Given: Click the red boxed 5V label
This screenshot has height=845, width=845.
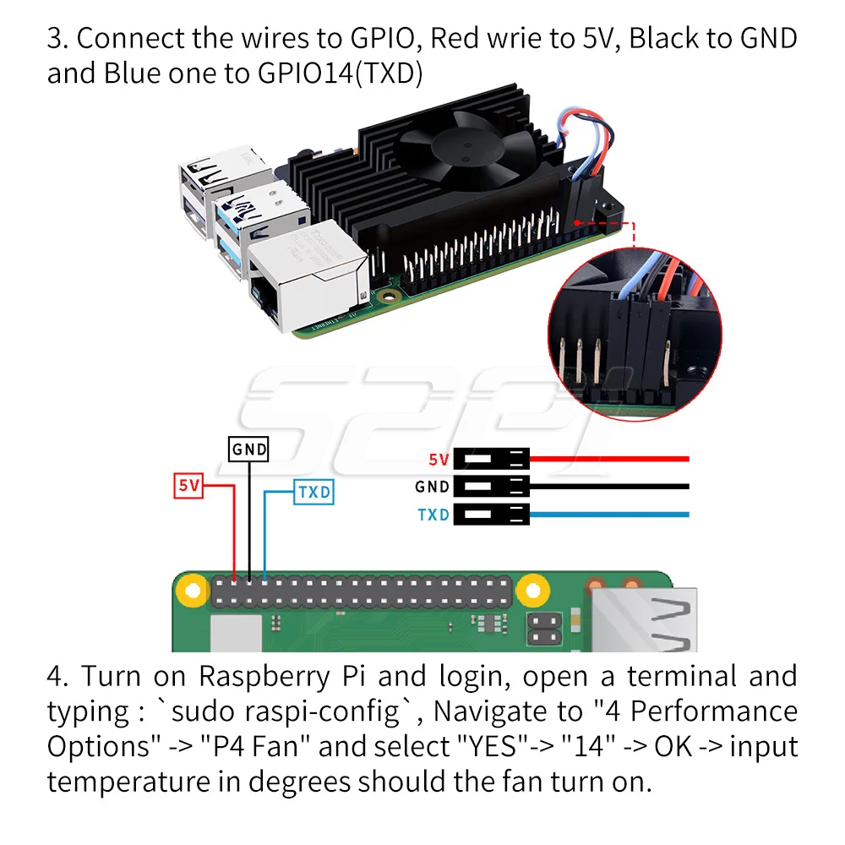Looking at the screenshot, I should tap(189, 486).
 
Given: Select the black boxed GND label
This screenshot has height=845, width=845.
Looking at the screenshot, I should tap(249, 450).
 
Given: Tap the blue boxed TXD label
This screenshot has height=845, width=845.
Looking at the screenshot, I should tap(313, 492).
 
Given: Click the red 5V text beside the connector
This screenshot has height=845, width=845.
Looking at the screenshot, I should tap(439, 460).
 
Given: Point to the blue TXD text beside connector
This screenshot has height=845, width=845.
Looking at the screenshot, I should tap(433, 514).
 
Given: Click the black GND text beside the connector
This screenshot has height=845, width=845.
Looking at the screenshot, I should tap(432, 487).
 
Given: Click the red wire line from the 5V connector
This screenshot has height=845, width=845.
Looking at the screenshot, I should tap(608, 460).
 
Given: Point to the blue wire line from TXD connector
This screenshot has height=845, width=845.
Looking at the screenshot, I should tap(608, 514).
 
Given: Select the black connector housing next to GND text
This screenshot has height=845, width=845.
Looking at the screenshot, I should tap(491, 487).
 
